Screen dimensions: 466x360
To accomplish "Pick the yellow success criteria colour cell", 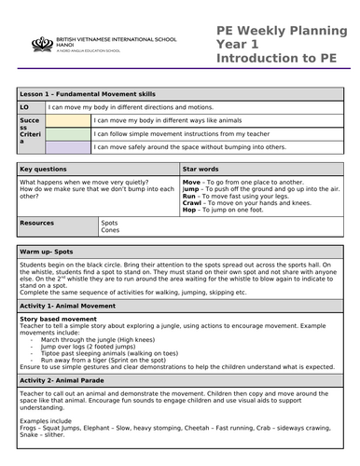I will [67, 120].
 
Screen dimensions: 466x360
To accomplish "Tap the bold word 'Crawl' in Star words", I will [193, 204].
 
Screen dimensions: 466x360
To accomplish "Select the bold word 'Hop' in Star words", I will [190, 212].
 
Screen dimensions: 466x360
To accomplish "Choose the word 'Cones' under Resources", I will [110, 232].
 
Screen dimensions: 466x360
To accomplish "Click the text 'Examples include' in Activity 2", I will [45, 422].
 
